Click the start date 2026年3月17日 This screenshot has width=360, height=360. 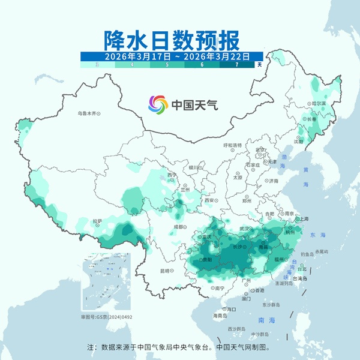pyautogui.click(x=137, y=56)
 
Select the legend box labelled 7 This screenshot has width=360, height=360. pyautogui.click(x=237, y=64)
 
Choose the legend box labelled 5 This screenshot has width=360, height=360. pyautogui.click(x=167, y=64)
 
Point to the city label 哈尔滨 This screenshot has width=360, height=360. pyautogui.click(x=319, y=103)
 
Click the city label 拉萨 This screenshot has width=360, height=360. pyautogui.click(x=98, y=221)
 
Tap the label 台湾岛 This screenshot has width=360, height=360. pyautogui.click(x=300, y=279)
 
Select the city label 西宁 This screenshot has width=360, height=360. pyautogui.click(x=172, y=175)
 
